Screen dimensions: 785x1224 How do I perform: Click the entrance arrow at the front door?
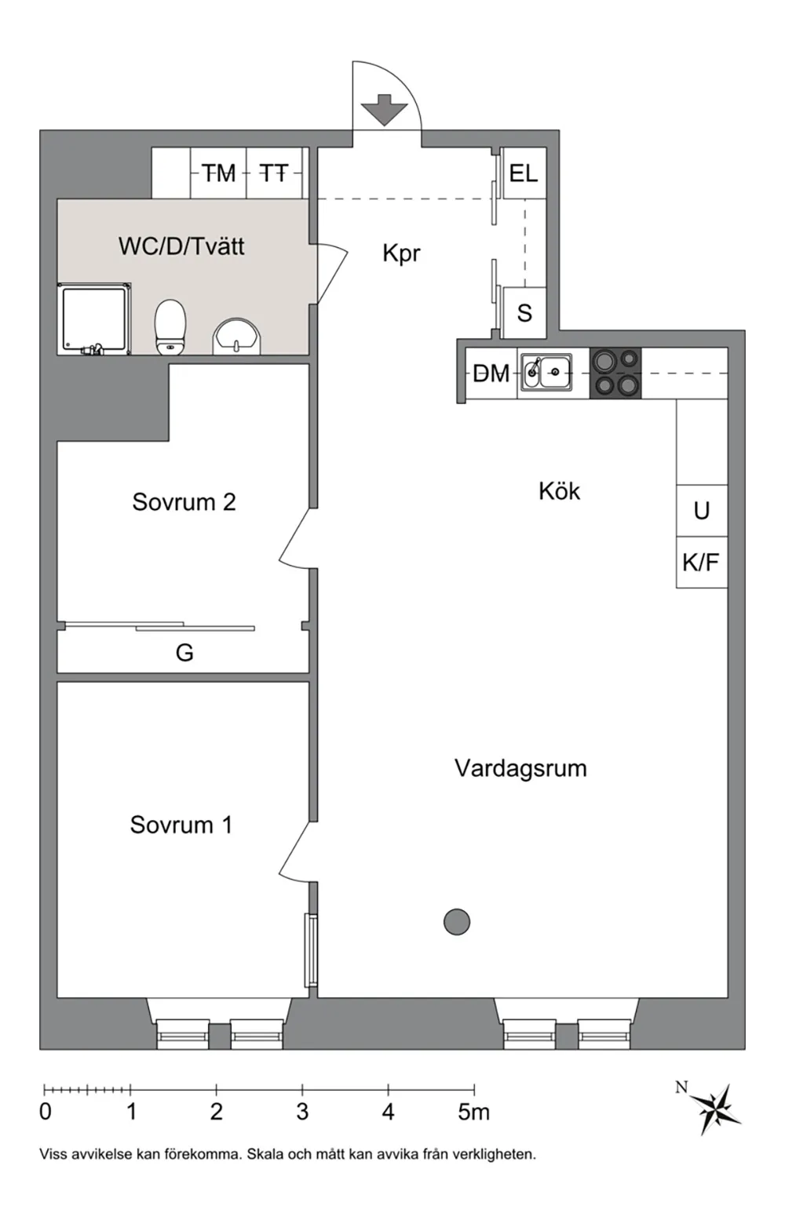tap(385, 109)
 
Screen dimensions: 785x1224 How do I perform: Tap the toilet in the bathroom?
tap(170, 326)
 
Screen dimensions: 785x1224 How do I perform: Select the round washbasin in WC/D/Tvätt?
tap(237, 337)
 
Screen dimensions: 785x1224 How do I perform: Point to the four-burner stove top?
tap(615, 373)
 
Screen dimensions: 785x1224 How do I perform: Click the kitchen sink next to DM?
tap(546, 372)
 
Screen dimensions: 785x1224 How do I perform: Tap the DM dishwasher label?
tap(491, 373)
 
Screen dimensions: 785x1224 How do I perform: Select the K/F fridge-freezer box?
tap(701, 562)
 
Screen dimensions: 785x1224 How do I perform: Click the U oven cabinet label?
tap(701, 510)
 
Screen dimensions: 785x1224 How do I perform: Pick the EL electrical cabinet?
tap(524, 173)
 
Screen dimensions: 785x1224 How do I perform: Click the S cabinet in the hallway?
tap(524, 312)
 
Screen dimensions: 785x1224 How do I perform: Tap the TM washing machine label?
tap(219, 173)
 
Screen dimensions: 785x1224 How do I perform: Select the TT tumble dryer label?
tap(273, 173)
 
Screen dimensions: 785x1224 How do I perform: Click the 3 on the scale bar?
tap(302, 1112)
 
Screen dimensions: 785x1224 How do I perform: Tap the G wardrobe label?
tap(184, 653)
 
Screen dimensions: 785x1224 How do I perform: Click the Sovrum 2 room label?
tap(184, 501)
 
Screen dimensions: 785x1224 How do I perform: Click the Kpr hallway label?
tap(402, 253)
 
